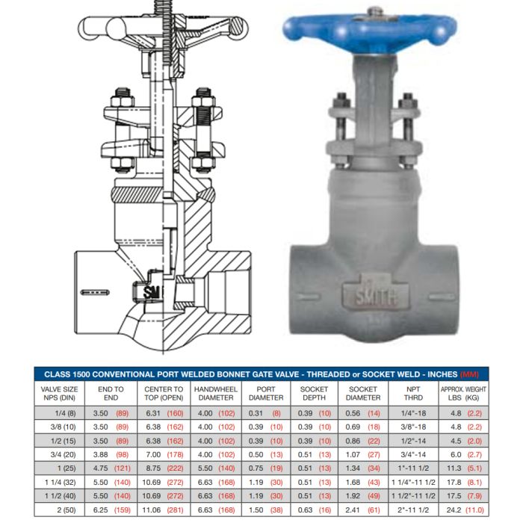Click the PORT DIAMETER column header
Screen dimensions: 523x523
[266, 394]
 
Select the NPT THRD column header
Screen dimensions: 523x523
[413, 394]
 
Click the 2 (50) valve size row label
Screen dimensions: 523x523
[66, 510]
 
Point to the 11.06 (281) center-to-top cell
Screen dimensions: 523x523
[163, 510]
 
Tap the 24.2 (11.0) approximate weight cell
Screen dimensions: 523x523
[465, 510]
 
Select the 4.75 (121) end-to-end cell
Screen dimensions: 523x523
[112, 468]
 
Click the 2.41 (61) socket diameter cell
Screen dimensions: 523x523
[363, 510]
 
